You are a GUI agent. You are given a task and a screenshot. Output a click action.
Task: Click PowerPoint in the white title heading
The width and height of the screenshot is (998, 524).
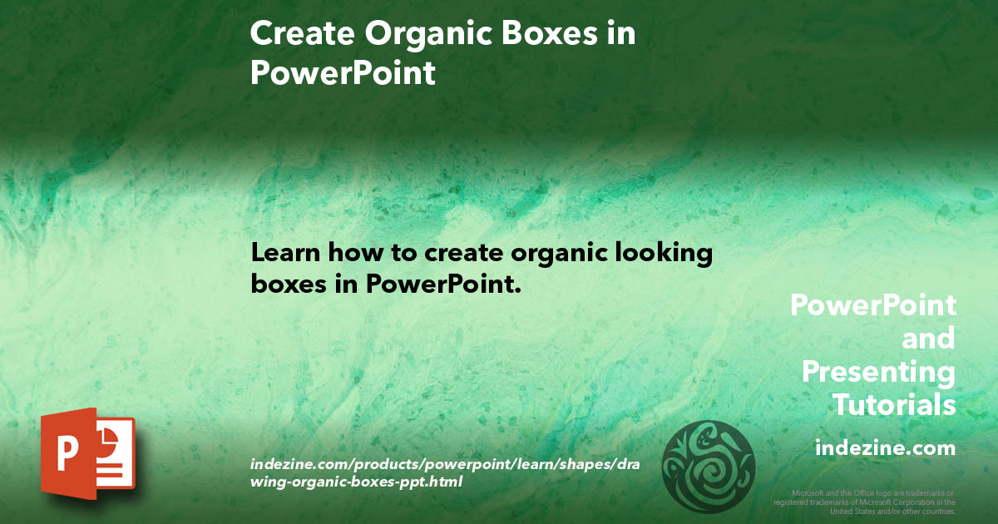(343, 73)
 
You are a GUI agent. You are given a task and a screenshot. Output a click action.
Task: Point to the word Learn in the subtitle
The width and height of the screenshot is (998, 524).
(285, 252)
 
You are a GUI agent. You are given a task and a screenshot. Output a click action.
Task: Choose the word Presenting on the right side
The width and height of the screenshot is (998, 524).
(878, 372)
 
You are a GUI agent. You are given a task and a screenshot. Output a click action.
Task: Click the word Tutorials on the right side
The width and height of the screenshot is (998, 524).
(894, 405)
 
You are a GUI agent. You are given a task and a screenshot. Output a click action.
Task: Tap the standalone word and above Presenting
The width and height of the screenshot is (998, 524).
(928, 339)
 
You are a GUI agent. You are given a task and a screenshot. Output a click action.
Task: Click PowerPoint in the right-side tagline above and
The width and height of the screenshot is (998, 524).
(872, 305)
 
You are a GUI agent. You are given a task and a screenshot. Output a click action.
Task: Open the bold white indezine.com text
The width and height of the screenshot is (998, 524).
(885, 448)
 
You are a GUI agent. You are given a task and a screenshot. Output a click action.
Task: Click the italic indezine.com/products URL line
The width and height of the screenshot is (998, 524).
(444, 462)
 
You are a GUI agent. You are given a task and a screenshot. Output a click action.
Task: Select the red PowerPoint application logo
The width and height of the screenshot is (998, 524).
(87, 452)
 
